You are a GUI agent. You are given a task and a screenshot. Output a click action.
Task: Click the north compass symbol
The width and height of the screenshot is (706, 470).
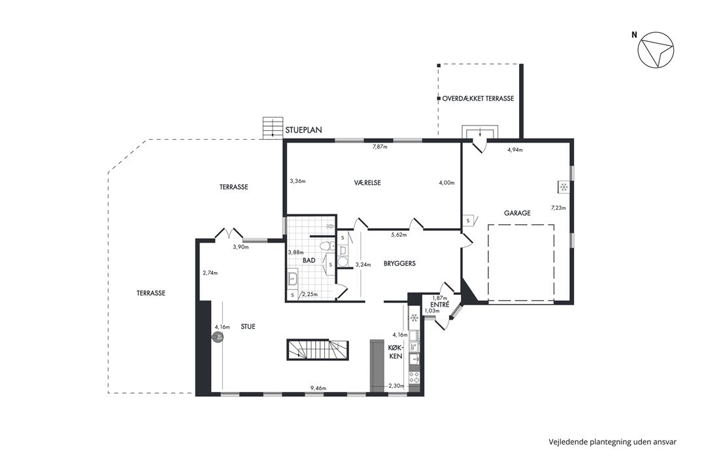[656, 50]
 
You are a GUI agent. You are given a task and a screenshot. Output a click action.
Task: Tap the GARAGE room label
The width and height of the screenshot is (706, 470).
[517, 213]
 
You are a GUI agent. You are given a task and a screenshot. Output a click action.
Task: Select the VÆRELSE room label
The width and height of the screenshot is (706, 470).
[367, 182]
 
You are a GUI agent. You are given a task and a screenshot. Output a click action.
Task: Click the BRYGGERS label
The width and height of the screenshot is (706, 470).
[399, 263]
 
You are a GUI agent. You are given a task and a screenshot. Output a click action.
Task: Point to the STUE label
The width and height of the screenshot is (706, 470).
[248, 326]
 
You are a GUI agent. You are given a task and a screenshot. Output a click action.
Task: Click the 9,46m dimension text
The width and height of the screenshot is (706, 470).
[318, 388]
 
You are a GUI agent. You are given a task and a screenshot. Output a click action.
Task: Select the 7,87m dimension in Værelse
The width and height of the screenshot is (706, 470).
[380, 146]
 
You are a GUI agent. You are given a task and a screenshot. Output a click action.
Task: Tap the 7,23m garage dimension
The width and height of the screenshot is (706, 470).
[558, 207]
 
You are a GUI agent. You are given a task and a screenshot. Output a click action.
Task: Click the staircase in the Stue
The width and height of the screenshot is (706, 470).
[318, 349]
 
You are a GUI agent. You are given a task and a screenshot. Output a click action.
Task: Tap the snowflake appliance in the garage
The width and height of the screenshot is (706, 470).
[563, 186]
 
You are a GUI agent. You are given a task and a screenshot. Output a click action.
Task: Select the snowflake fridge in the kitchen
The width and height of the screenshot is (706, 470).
[413, 318]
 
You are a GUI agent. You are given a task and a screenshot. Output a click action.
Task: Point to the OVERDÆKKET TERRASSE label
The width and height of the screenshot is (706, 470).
[478, 98]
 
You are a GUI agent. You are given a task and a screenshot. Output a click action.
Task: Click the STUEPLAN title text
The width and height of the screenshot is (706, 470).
[303, 130]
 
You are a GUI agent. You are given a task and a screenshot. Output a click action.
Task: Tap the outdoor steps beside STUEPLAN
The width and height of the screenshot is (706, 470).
[272, 128]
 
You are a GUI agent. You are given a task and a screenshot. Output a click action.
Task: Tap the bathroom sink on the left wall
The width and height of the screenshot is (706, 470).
[292, 278]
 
